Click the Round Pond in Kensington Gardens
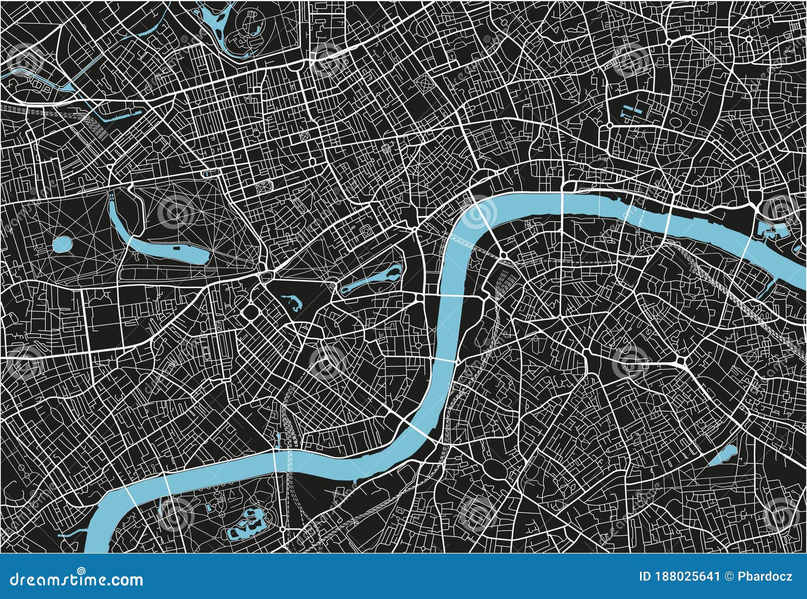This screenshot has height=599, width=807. point(62,245)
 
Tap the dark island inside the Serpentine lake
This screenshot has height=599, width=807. point(177,248)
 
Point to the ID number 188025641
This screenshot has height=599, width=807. point(679,576)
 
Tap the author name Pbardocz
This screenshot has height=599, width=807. point(765,576)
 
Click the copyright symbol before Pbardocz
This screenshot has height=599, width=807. point(729,576)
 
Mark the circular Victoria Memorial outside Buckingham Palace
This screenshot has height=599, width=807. point(332,286)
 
